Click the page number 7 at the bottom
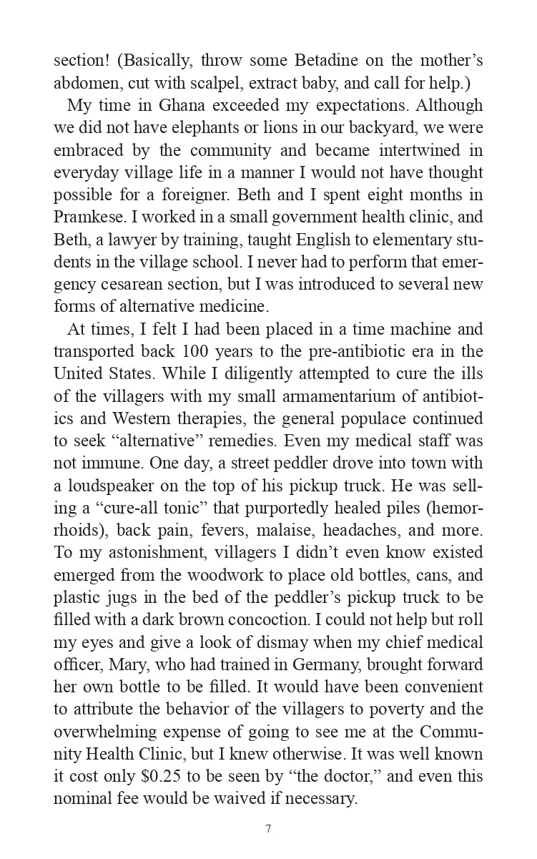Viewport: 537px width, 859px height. coord(268,830)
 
